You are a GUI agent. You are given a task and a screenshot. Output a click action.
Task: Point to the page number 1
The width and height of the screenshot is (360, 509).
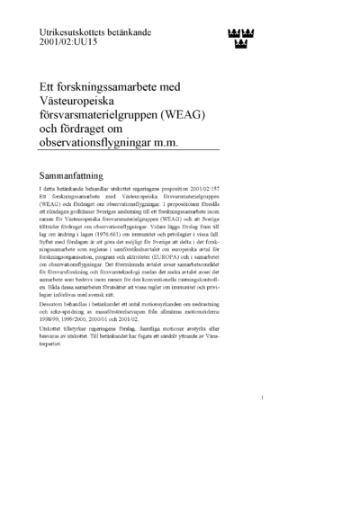coord(261,422)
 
